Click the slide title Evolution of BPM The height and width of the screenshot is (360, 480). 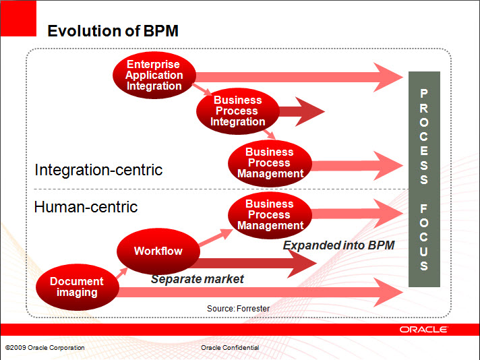tap(113, 31)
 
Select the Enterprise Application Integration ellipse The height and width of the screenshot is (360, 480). tap(154, 76)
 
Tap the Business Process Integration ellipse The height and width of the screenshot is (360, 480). tap(238, 111)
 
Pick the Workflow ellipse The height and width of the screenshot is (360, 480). tap(158, 251)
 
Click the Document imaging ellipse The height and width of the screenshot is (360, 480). tap(77, 287)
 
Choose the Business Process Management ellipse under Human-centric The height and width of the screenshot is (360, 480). tap(270, 215)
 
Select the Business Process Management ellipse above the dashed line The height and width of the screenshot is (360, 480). tap(270, 163)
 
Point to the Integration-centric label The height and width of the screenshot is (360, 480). tap(98, 170)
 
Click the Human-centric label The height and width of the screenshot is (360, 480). tap(86, 207)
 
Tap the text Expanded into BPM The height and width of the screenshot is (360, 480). tap(338, 245)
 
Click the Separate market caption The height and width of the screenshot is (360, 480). tap(198, 279)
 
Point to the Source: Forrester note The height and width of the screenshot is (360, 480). tap(238, 308)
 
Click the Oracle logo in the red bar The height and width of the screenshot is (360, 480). tap(423, 330)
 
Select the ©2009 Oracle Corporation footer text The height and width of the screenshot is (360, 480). tap(44, 348)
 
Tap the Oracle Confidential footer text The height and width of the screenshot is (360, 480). tap(230, 348)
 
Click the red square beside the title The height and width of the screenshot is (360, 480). tap(18, 18)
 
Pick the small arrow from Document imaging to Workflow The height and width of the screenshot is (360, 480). tap(121, 273)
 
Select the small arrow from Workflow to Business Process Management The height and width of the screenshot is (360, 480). tap(216, 237)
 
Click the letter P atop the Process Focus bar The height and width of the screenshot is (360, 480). tap(424, 93)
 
